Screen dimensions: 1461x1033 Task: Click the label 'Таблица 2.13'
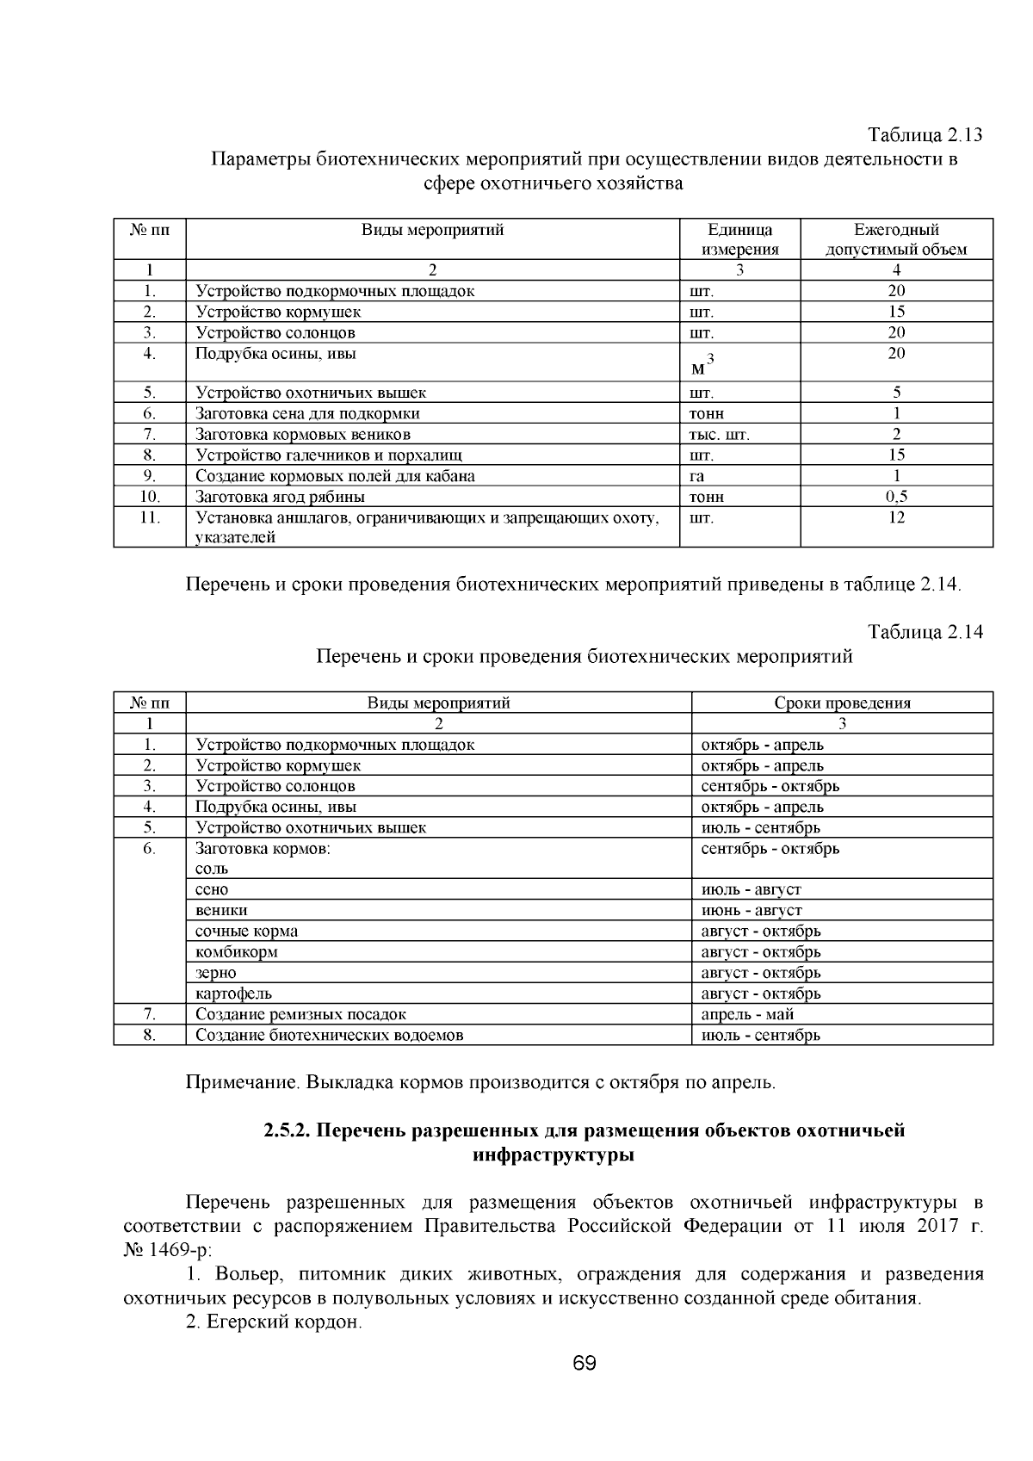pyautogui.click(x=925, y=136)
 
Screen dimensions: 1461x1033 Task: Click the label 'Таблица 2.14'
pyautogui.click(x=925, y=632)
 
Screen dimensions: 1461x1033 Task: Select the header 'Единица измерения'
pyautogui.click(x=739, y=240)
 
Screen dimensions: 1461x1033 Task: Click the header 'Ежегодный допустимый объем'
pyautogui.click(x=895, y=240)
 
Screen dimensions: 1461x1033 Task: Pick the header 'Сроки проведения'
pyautogui.click(x=841, y=703)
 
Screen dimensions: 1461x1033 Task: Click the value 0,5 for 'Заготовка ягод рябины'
pyautogui.click(x=896, y=497)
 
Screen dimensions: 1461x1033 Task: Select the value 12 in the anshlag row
pyautogui.click(x=896, y=517)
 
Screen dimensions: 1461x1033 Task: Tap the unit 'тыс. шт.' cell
pyautogui.click(x=720, y=435)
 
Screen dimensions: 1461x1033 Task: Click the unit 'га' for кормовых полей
pyautogui.click(x=697, y=476)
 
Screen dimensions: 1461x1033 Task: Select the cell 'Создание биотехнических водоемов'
pyautogui.click(x=329, y=1035)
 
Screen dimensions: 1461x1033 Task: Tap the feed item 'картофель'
pyautogui.click(x=233, y=994)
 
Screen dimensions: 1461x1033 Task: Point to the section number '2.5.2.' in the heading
pyautogui.click(x=287, y=1130)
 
